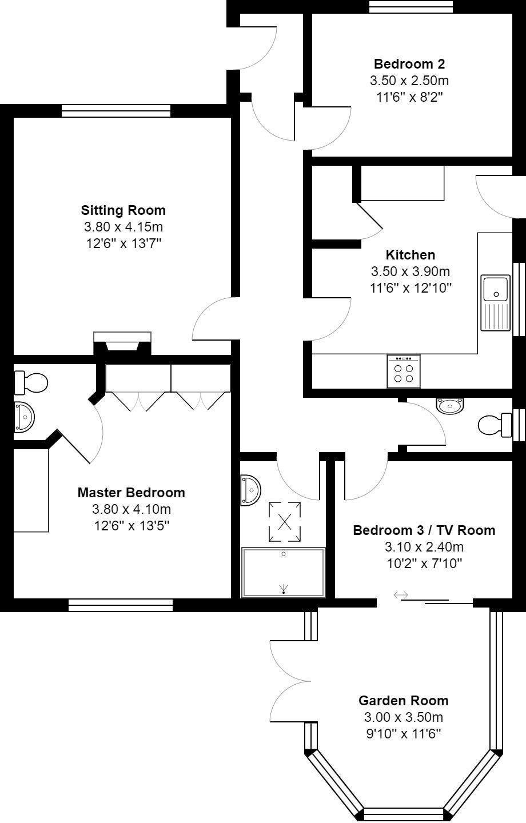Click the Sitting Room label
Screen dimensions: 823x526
(x=123, y=210)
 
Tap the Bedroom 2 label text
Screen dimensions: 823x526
(x=409, y=63)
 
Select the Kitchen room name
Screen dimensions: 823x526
(x=410, y=254)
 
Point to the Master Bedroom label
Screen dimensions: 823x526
(x=131, y=492)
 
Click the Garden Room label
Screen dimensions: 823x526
(x=403, y=700)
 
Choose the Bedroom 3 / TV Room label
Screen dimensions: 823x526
(x=424, y=530)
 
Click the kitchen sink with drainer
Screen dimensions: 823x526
(x=495, y=303)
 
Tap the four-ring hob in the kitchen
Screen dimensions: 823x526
(x=403, y=371)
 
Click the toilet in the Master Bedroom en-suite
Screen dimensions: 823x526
(x=31, y=382)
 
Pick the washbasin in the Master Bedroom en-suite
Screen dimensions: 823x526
(x=25, y=417)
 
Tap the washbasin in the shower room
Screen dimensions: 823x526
(x=250, y=489)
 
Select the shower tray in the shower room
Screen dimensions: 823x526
(x=284, y=572)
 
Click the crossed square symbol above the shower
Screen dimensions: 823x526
(x=284, y=521)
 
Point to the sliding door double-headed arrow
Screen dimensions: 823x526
(x=401, y=596)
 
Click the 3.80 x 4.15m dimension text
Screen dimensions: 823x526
(x=123, y=227)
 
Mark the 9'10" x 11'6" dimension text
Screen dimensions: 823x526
(x=403, y=734)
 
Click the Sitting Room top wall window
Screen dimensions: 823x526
(x=115, y=110)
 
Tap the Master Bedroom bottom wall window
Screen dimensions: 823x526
(x=120, y=605)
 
